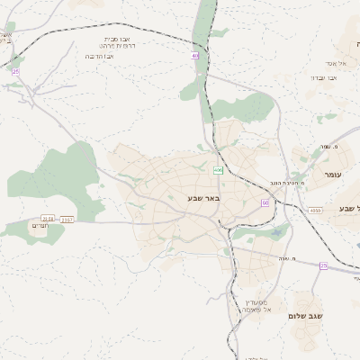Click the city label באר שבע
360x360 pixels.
[203, 198]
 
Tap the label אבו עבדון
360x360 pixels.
[325, 78]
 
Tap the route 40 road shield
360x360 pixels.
[194, 56]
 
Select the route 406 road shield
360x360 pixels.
[218, 170]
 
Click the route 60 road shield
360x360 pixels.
[265, 202]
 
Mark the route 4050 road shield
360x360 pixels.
[315, 211]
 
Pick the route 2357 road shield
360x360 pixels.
[67, 219]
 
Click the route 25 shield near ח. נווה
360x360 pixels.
[324, 265]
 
